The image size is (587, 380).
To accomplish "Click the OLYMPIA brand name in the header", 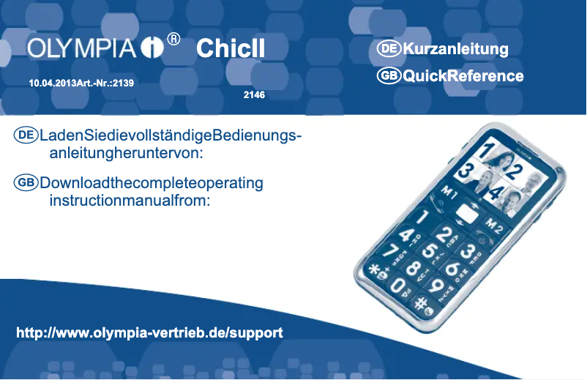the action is coord(81,48).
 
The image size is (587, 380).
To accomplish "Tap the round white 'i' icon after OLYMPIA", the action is coord(152,48).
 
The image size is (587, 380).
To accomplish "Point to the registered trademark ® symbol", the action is coord(173,39).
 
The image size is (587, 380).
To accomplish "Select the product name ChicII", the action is coord(231,48).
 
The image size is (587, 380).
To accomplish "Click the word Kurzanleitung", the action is coord(455,49).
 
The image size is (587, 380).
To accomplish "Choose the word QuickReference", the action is coord(463,76).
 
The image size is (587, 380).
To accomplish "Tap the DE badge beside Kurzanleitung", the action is coord(389,48).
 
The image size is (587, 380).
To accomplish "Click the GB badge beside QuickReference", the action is coord(389,75).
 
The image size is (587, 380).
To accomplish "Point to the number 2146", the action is coord(254,95).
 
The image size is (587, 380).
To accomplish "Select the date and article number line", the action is coord(81,83).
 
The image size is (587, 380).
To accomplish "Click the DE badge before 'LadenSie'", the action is coord(26,135).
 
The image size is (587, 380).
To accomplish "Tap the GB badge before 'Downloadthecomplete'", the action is coord(26,183).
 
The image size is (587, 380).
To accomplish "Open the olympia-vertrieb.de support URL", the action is coord(149,333).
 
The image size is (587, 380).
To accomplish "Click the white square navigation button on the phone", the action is coord(467,214).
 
